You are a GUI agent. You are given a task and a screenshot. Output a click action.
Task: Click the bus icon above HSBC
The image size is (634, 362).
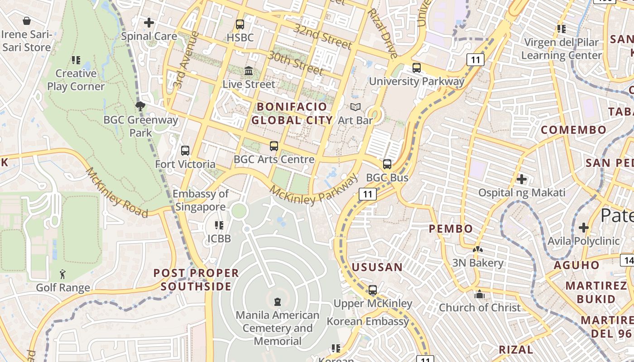pyautogui.click(x=240, y=24)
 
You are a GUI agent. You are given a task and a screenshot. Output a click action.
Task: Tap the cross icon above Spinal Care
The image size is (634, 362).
pyautogui.click(x=149, y=22)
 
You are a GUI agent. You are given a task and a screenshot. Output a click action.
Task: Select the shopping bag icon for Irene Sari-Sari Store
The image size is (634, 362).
pyautogui.click(x=27, y=21)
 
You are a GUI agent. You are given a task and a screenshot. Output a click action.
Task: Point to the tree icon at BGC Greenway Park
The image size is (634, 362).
pyautogui.click(x=140, y=106)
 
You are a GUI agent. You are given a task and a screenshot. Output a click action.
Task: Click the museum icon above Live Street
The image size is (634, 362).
pyautogui.click(x=249, y=71)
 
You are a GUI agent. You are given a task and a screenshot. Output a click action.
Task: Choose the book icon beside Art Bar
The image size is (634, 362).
pyautogui.click(x=355, y=107)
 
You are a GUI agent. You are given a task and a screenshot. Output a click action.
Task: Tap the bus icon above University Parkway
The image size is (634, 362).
pyautogui.click(x=417, y=68)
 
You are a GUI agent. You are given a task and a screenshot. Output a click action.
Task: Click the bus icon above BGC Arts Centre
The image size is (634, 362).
pyautogui.click(x=274, y=146)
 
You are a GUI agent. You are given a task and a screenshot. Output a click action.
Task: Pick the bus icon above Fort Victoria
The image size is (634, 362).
pyautogui.click(x=185, y=151)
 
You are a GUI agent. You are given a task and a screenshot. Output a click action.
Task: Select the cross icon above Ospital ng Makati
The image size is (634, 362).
pyautogui.click(x=522, y=179)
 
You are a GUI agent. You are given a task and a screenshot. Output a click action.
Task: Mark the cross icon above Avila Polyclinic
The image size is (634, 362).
pyautogui.click(x=584, y=227)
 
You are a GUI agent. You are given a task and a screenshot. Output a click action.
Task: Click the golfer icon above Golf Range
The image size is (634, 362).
pyautogui.click(x=62, y=274)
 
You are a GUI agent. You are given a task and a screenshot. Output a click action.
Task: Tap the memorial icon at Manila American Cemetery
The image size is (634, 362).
pyautogui.click(x=278, y=301)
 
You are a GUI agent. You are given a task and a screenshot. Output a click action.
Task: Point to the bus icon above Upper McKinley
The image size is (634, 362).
pyautogui.click(x=373, y=290)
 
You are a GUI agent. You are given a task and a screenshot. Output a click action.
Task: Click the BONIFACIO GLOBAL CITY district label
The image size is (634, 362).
pyautogui.click(x=292, y=114)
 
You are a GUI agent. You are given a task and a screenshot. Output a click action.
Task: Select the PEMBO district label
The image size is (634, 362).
pyautogui.click(x=451, y=229)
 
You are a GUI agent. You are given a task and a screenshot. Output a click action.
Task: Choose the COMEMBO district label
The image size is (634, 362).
pyautogui.click(x=573, y=130)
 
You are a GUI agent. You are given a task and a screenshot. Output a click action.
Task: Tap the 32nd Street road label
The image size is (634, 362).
pyautogui.click(x=323, y=36)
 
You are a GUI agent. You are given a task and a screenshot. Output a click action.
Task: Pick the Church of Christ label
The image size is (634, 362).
pyautogui.click(x=480, y=308)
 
